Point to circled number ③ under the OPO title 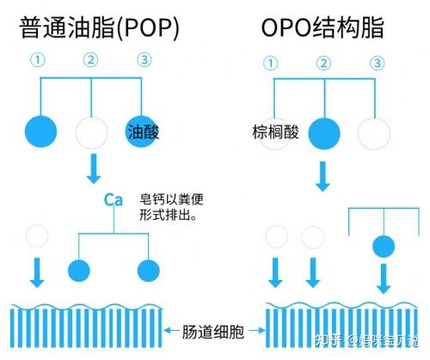pos(376,64)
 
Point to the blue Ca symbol pos(114,200)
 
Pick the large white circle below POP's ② pos(92,132)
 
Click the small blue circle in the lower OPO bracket pos(383,247)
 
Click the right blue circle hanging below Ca pos(148,269)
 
